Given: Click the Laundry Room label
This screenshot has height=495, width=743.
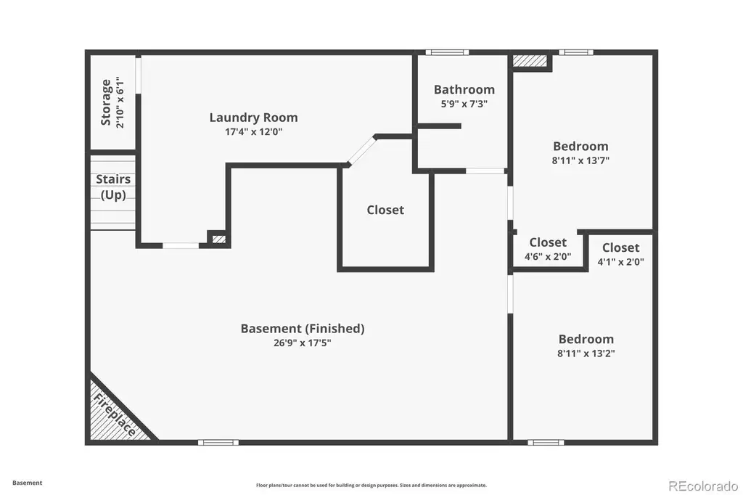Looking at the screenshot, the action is (x=253, y=117).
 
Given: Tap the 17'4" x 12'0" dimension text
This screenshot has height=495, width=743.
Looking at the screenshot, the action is (x=253, y=132).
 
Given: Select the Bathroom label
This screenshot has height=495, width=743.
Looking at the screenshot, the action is (x=464, y=89).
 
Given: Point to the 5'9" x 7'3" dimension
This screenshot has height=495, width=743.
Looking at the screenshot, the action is (x=464, y=104).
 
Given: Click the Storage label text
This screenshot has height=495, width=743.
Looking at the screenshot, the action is (x=106, y=102).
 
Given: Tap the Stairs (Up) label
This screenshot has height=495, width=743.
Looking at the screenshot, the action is (x=113, y=187).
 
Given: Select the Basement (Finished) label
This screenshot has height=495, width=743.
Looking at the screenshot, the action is (x=303, y=328).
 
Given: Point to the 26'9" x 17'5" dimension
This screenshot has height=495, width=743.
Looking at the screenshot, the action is (x=303, y=343).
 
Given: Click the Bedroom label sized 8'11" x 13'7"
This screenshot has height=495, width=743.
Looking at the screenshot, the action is (x=580, y=146).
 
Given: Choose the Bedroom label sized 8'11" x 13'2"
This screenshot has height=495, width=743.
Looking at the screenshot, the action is (x=586, y=339).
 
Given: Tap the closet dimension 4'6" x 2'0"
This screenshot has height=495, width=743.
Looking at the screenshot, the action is (x=548, y=257).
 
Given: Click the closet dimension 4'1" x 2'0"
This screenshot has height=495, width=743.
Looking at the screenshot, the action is (x=621, y=262).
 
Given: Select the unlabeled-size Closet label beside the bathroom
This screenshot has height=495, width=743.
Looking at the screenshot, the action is (x=385, y=210).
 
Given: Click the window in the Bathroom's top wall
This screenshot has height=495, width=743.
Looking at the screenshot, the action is (x=447, y=52).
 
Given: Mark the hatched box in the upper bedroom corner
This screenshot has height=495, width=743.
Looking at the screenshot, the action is (x=530, y=61).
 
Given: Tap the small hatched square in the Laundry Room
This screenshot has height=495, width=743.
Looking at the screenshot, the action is (x=219, y=239).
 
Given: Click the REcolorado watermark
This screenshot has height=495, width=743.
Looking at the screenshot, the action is (x=703, y=486).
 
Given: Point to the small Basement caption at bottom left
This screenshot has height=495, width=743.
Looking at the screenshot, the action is (x=27, y=483).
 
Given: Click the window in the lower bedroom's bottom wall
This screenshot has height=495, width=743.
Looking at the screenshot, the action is (x=546, y=442).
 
